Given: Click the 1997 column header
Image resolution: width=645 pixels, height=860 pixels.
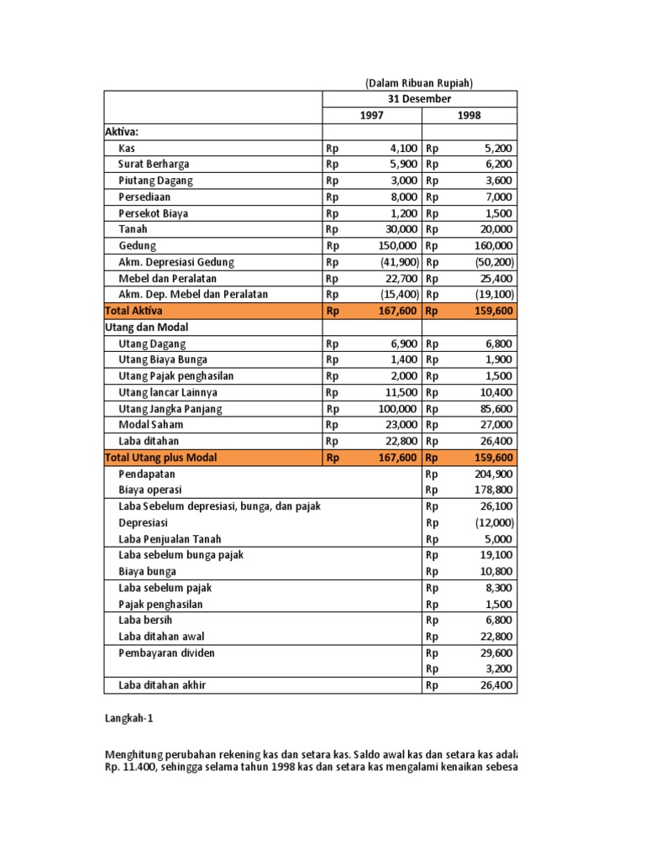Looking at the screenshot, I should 371,116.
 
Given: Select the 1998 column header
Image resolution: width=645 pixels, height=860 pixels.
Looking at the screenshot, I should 469,116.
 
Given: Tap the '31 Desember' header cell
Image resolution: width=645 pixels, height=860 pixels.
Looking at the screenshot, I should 419,99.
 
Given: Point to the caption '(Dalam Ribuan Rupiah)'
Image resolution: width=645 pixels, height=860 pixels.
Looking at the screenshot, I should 419,83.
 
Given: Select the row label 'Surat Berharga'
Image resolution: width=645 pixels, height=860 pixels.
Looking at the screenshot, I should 154,165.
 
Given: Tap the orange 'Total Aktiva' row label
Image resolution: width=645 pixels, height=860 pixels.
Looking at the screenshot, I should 134,311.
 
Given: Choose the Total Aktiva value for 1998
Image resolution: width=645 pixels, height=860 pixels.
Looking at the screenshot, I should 490,311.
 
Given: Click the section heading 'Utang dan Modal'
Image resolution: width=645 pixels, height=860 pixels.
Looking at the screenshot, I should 146,328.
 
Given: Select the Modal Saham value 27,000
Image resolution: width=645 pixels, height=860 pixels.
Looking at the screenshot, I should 494,425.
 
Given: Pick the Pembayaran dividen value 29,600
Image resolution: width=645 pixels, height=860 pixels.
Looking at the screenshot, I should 494,653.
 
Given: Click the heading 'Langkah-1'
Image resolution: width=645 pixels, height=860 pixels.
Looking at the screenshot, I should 129,719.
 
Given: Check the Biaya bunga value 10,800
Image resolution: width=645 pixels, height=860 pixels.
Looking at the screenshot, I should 494,572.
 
